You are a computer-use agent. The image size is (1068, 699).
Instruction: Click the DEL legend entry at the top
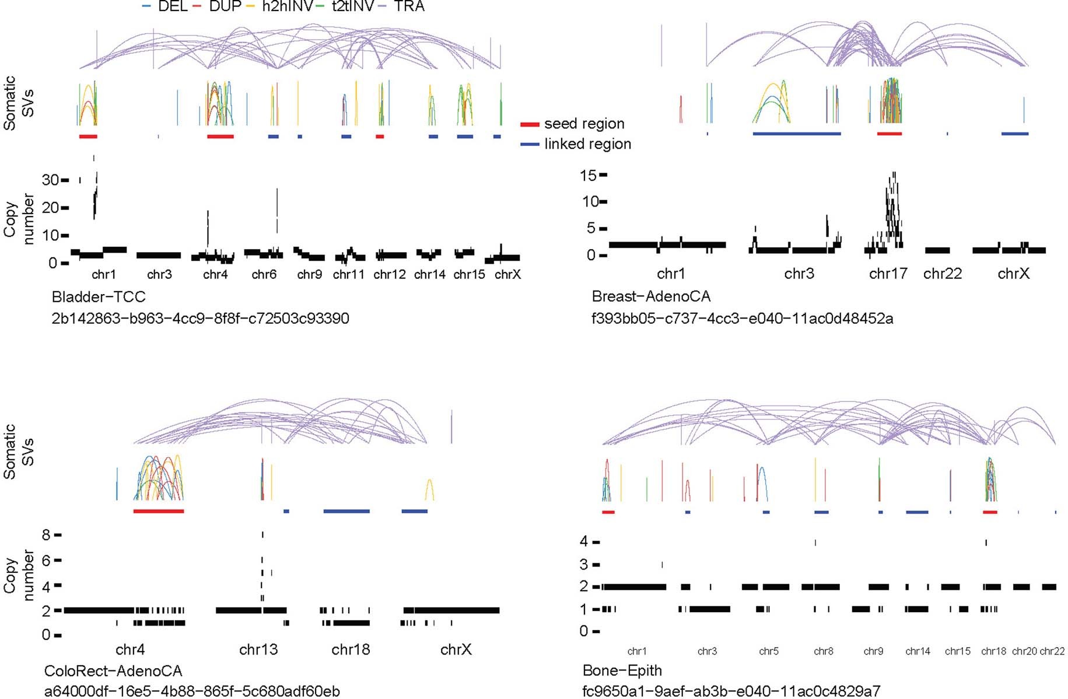(x=172, y=6)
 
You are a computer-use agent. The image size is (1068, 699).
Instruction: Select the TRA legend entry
(x=409, y=6)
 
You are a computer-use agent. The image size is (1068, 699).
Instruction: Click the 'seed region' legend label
(x=584, y=124)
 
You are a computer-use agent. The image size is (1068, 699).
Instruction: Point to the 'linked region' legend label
(x=587, y=144)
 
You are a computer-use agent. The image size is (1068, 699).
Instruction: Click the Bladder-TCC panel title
(x=99, y=297)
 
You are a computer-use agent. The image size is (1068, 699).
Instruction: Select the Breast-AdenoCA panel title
(x=651, y=296)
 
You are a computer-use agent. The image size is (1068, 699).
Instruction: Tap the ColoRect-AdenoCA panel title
(x=113, y=671)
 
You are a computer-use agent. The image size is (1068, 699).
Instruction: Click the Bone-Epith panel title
(x=622, y=670)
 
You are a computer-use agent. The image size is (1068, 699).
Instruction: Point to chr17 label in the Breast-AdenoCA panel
(x=888, y=274)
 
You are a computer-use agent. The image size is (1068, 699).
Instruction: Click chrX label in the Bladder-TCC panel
(x=507, y=274)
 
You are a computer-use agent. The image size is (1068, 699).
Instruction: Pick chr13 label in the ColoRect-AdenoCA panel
(x=258, y=649)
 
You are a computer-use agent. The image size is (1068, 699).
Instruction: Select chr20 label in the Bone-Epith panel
(x=1024, y=651)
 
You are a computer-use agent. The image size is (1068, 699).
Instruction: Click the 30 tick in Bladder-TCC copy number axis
(x=50, y=180)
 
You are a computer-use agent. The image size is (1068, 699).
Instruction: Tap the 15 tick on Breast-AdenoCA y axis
(x=587, y=175)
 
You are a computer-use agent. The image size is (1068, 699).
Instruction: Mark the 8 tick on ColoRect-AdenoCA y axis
(x=47, y=535)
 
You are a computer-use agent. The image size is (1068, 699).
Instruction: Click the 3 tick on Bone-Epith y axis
(x=584, y=564)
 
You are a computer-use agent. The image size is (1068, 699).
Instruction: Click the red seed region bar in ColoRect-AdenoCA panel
(x=159, y=511)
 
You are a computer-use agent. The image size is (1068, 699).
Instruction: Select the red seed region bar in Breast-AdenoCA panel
(x=889, y=134)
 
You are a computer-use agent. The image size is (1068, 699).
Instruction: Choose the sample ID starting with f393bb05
(x=742, y=319)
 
